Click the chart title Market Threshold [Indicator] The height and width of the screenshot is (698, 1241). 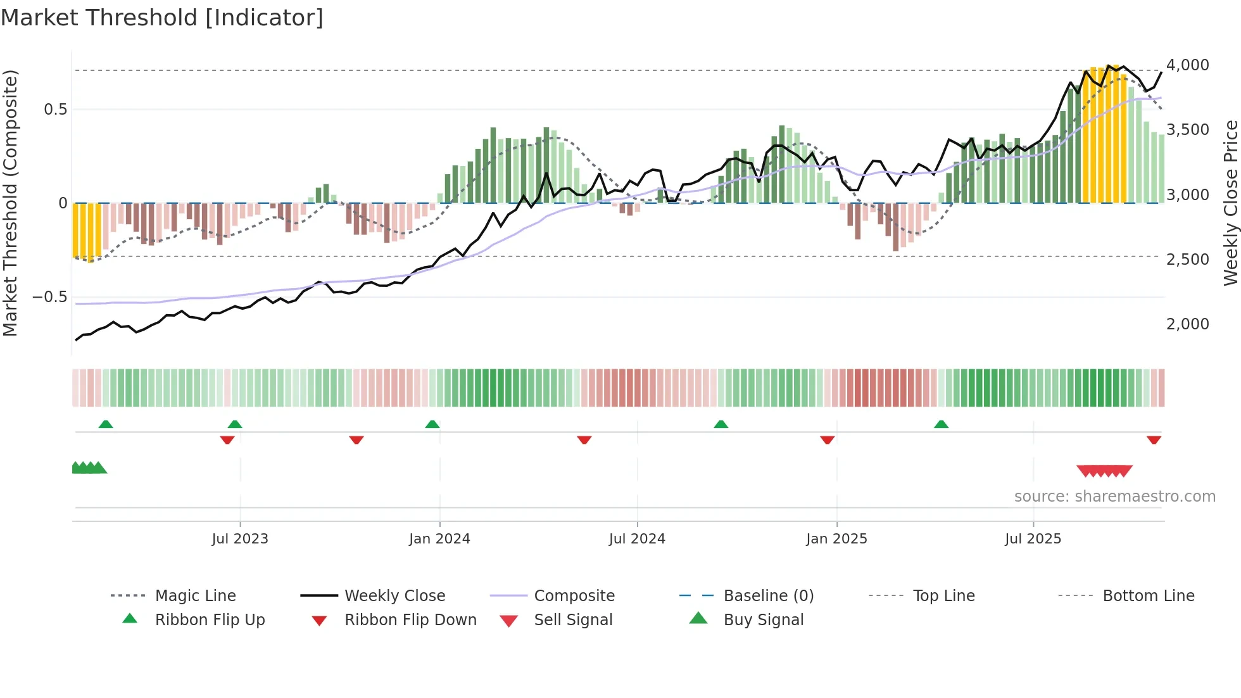162,18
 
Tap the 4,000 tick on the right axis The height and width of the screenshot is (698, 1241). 1187,65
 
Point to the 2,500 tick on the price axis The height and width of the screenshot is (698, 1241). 1187,260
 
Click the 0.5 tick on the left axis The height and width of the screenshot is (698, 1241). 55,110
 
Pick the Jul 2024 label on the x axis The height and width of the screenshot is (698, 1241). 637,539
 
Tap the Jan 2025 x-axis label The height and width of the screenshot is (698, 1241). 836,539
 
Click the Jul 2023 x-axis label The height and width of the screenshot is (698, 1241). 240,539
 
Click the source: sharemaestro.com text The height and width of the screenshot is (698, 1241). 1114,497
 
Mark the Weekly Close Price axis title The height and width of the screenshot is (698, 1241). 1230,203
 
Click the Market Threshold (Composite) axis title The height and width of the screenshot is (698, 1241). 10,203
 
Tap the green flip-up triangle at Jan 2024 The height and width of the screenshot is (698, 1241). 432,424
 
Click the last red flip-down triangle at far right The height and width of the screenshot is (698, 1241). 1154,440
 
